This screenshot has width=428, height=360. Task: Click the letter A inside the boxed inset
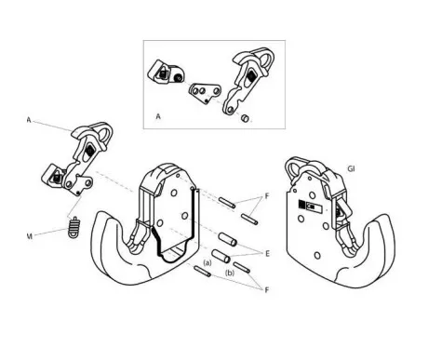(x=158, y=116)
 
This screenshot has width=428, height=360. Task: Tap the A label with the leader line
(x=29, y=120)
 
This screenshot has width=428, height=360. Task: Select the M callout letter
(x=30, y=236)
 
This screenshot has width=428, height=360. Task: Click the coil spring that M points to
(x=74, y=228)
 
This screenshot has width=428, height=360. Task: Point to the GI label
(x=351, y=169)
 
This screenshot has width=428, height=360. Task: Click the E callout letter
(x=267, y=254)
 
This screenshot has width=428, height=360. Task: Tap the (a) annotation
(x=207, y=263)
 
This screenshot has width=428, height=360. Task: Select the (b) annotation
(x=230, y=273)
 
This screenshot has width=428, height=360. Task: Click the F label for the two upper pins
(x=267, y=196)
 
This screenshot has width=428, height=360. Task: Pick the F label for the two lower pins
(x=267, y=290)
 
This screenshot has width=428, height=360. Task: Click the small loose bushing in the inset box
(x=245, y=118)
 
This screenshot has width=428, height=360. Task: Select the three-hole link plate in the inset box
(x=205, y=93)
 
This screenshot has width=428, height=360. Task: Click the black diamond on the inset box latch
(x=250, y=75)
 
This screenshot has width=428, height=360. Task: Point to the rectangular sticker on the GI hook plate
(x=310, y=206)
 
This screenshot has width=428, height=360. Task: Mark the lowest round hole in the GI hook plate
(x=317, y=256)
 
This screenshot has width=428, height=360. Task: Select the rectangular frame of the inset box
(x=214, y=40)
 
